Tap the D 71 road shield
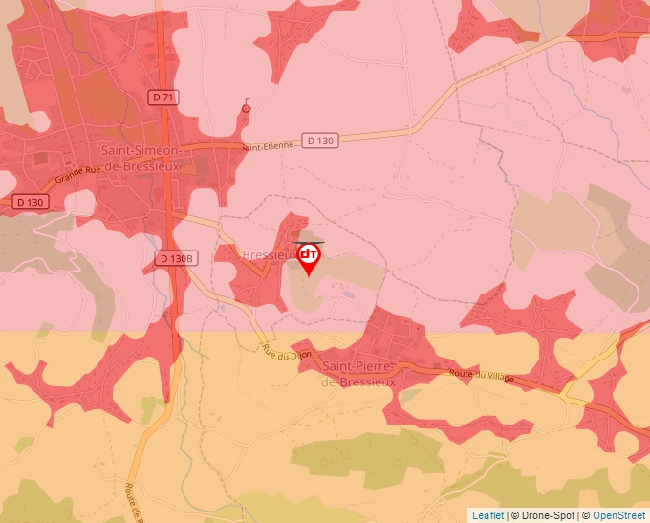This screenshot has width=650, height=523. pos(163,97)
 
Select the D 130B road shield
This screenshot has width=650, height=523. pos(175,258)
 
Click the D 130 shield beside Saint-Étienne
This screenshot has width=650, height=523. pos(321,141)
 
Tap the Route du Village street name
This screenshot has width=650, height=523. pos(482,378)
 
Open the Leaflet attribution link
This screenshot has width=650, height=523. pos(487,515)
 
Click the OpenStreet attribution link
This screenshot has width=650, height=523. pos(618,515)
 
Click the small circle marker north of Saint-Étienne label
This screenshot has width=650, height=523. pos(247,109)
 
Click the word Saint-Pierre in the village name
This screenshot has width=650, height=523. pos(357,366)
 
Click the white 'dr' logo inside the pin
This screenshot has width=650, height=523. pos(309,254)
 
